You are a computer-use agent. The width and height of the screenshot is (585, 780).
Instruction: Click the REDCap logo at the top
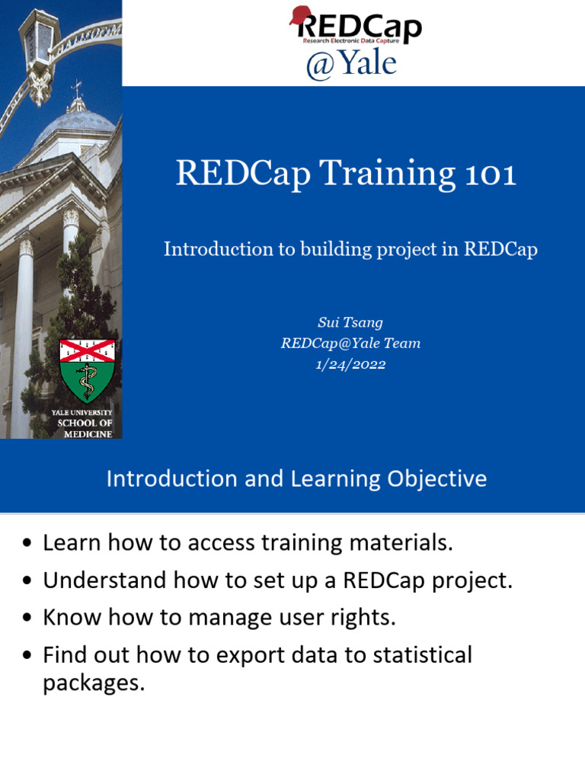click(x=355, y=26)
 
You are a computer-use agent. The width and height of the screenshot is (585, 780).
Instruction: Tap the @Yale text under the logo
click(x=351, y=64)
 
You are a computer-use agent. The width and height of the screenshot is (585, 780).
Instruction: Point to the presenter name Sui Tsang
click(x=350, y=322)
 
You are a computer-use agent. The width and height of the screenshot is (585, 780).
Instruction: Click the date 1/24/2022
click(x=350, y=364)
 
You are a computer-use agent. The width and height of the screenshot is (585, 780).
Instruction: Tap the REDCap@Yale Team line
click(x=350, y=344)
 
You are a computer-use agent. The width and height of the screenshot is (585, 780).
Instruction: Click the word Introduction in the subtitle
click(x=218, y=249)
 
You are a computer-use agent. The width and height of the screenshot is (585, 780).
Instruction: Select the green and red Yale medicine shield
click(x=88, y=370)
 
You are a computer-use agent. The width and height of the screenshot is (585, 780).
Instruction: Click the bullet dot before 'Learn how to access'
click(x=28, y=544)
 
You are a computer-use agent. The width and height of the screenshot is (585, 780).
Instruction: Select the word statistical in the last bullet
click(x=416, y=655)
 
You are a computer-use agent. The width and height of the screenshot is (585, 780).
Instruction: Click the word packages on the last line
click(x=93, y=683)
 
